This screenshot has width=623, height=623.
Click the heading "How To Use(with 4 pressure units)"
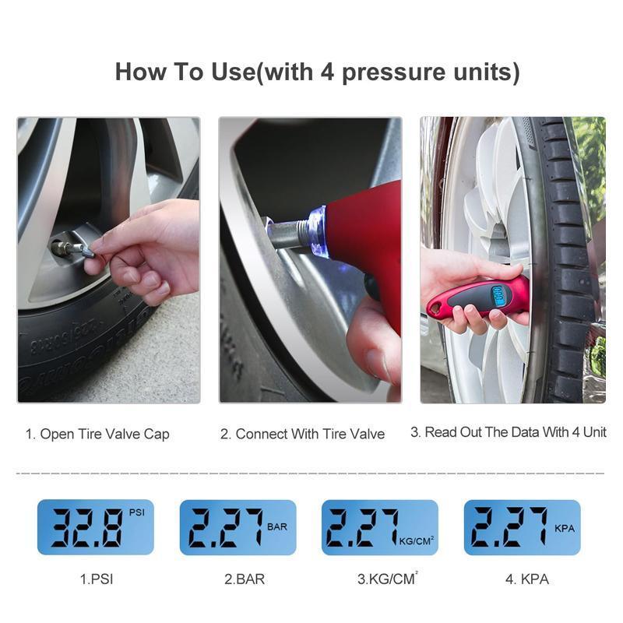click(317, 72)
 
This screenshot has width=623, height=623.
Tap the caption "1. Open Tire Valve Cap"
click(97, 435)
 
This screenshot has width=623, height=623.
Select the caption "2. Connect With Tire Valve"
click(302, 435)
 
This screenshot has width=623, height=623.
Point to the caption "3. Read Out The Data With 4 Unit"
click(508, 432)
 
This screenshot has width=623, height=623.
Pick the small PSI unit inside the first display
click(136, 512)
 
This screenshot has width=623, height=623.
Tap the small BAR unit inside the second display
click(277, 527)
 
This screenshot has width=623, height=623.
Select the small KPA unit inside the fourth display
click(565, 528)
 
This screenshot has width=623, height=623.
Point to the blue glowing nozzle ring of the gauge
click(318, 231)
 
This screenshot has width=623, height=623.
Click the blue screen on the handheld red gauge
click(494, 295)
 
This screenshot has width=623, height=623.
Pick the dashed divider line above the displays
click(311, 473)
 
